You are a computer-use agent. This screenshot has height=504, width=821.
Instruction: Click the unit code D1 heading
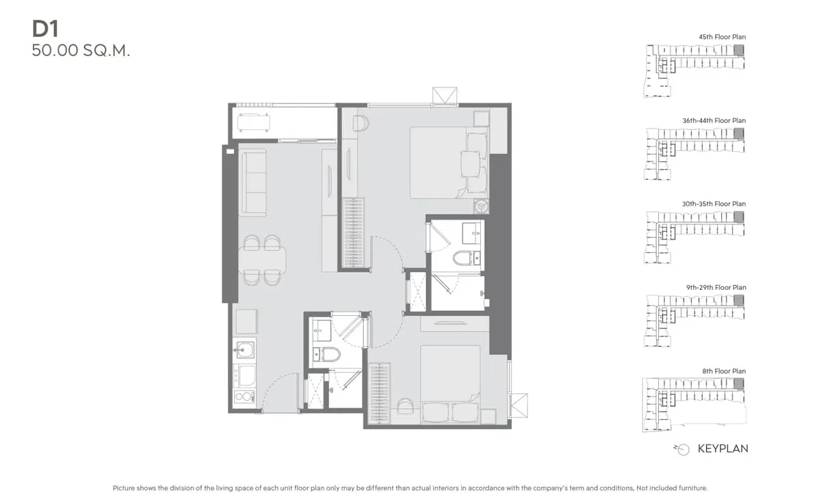point(45,29)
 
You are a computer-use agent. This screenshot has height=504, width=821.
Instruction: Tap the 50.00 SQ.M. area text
point(81,51)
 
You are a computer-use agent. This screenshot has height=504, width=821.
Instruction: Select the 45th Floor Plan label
point(722,37)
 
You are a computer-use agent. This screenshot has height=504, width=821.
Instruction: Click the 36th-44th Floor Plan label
point(714,120)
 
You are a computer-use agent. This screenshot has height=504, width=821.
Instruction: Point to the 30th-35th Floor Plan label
point(714,204)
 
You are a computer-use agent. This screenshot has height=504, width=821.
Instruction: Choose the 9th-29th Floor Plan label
point(716,287)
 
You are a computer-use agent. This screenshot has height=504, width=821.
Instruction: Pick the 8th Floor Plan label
point(724,371)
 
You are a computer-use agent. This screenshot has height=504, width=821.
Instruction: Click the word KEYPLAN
point(722,449)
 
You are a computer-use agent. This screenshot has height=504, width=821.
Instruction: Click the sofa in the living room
point(252,182)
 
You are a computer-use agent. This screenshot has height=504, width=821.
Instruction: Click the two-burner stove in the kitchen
point(244,397)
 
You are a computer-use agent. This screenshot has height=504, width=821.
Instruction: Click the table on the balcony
point(254,122)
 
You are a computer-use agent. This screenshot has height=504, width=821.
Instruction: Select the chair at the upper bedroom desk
point(361,123)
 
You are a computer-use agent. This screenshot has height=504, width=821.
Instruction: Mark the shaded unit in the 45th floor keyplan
point(739,50)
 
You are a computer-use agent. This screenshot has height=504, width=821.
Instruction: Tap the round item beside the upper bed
point(481,207)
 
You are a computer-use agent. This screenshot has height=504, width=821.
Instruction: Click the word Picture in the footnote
point(124,488)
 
